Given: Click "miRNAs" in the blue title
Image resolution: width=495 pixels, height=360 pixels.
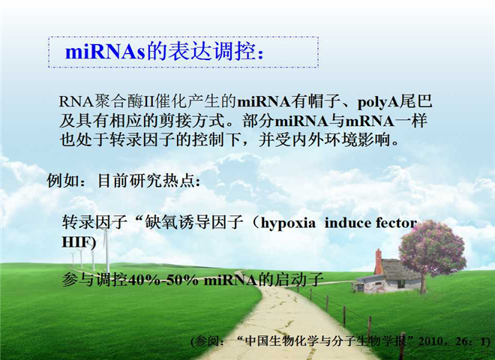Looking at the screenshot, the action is coord(105,52).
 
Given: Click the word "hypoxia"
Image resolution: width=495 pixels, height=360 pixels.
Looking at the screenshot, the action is coord(288,223).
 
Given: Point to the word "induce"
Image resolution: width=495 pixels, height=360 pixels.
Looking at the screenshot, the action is coord(343,223).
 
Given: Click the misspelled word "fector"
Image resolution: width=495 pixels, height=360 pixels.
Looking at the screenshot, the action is coord(391,223).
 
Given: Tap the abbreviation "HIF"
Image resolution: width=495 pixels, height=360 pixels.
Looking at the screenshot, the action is coord(76,242).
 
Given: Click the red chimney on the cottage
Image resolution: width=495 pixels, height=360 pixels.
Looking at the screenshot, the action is coord(378,262).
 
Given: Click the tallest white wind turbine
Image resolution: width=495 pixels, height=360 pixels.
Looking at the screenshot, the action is coord(106,250).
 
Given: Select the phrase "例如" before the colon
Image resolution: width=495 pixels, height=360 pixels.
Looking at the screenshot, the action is coord(63,181).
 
